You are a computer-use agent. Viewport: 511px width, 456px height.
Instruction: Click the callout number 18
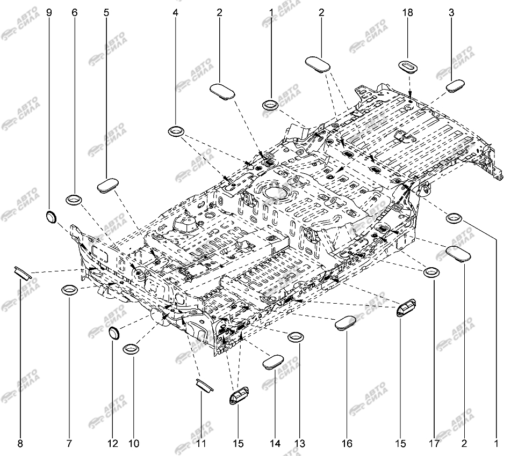(407, 13)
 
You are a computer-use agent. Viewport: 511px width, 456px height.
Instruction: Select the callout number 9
(49, 13)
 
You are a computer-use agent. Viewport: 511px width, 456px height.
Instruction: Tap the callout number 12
(113, 443)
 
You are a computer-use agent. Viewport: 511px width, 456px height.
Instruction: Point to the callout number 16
(347, 443)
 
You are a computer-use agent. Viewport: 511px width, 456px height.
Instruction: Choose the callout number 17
(434, 443)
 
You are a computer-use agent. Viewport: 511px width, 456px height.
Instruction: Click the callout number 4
(176, 13)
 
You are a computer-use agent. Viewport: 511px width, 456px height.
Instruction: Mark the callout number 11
(201, 443)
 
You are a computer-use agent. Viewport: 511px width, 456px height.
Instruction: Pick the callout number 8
(20, 443)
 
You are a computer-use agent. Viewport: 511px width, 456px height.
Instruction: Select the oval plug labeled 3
(455, 86)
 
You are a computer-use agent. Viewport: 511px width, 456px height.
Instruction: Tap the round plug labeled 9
(51, 217)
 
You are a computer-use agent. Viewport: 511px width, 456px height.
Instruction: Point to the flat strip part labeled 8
(23, 273)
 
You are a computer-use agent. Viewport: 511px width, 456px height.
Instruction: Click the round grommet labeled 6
(74, 200)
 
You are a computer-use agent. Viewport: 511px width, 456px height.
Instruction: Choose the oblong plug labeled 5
(108, 186)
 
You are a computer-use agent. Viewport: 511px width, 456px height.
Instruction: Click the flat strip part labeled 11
(205, 385)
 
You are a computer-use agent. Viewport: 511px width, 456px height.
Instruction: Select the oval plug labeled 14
(273, 363)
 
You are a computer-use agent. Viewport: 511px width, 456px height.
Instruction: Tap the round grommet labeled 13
(296, 337)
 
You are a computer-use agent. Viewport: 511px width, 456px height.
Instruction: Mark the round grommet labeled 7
(70, 289)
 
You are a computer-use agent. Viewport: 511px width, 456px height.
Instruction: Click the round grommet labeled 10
(131, 349)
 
